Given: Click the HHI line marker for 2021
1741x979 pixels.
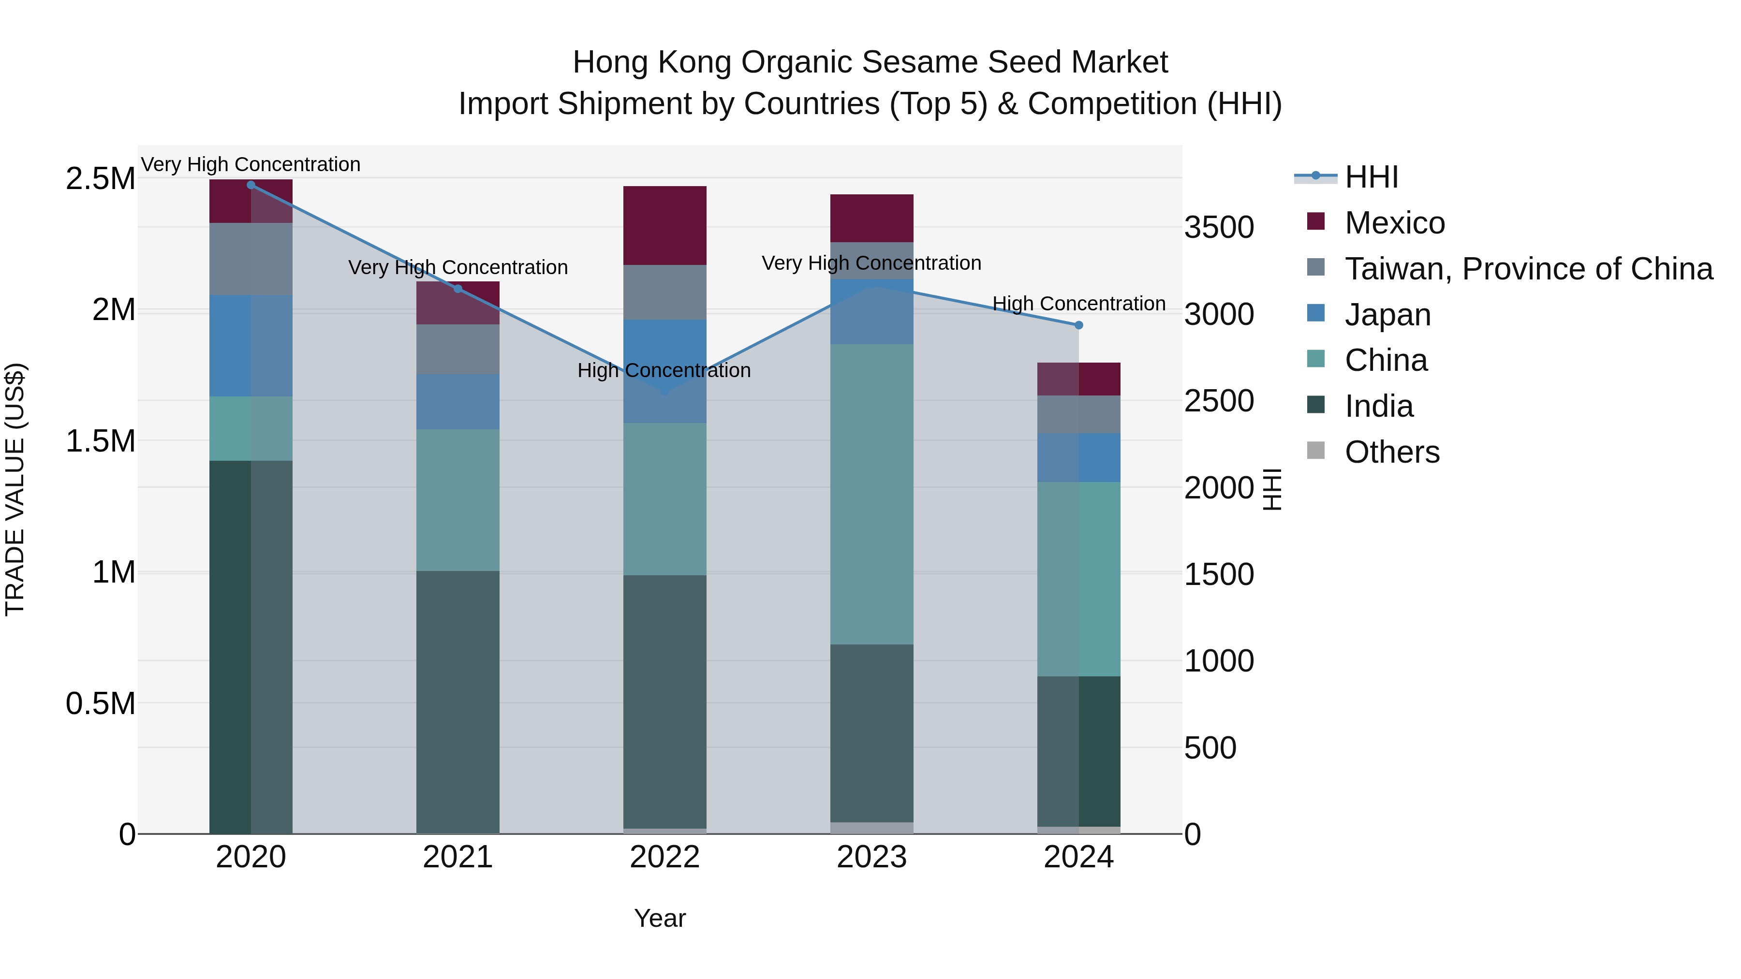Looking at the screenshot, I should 457,289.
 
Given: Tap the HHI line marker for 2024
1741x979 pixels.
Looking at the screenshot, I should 1078,325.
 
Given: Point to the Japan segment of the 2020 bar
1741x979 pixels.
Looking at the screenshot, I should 251,345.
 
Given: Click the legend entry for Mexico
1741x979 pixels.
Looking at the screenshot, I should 1394,223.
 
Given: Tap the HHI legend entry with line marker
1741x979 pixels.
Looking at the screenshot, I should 1371,177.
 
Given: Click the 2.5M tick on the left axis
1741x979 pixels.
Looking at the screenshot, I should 100,179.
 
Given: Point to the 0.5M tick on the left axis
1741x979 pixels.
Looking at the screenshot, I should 100,704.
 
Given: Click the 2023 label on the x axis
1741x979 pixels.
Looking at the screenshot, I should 872,857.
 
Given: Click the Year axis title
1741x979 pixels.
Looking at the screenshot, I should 660,918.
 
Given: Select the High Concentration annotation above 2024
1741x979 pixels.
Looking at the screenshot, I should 1078,304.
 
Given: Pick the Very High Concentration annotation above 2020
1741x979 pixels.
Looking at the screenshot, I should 251,164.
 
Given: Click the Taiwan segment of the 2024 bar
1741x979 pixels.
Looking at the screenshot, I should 1078,414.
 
